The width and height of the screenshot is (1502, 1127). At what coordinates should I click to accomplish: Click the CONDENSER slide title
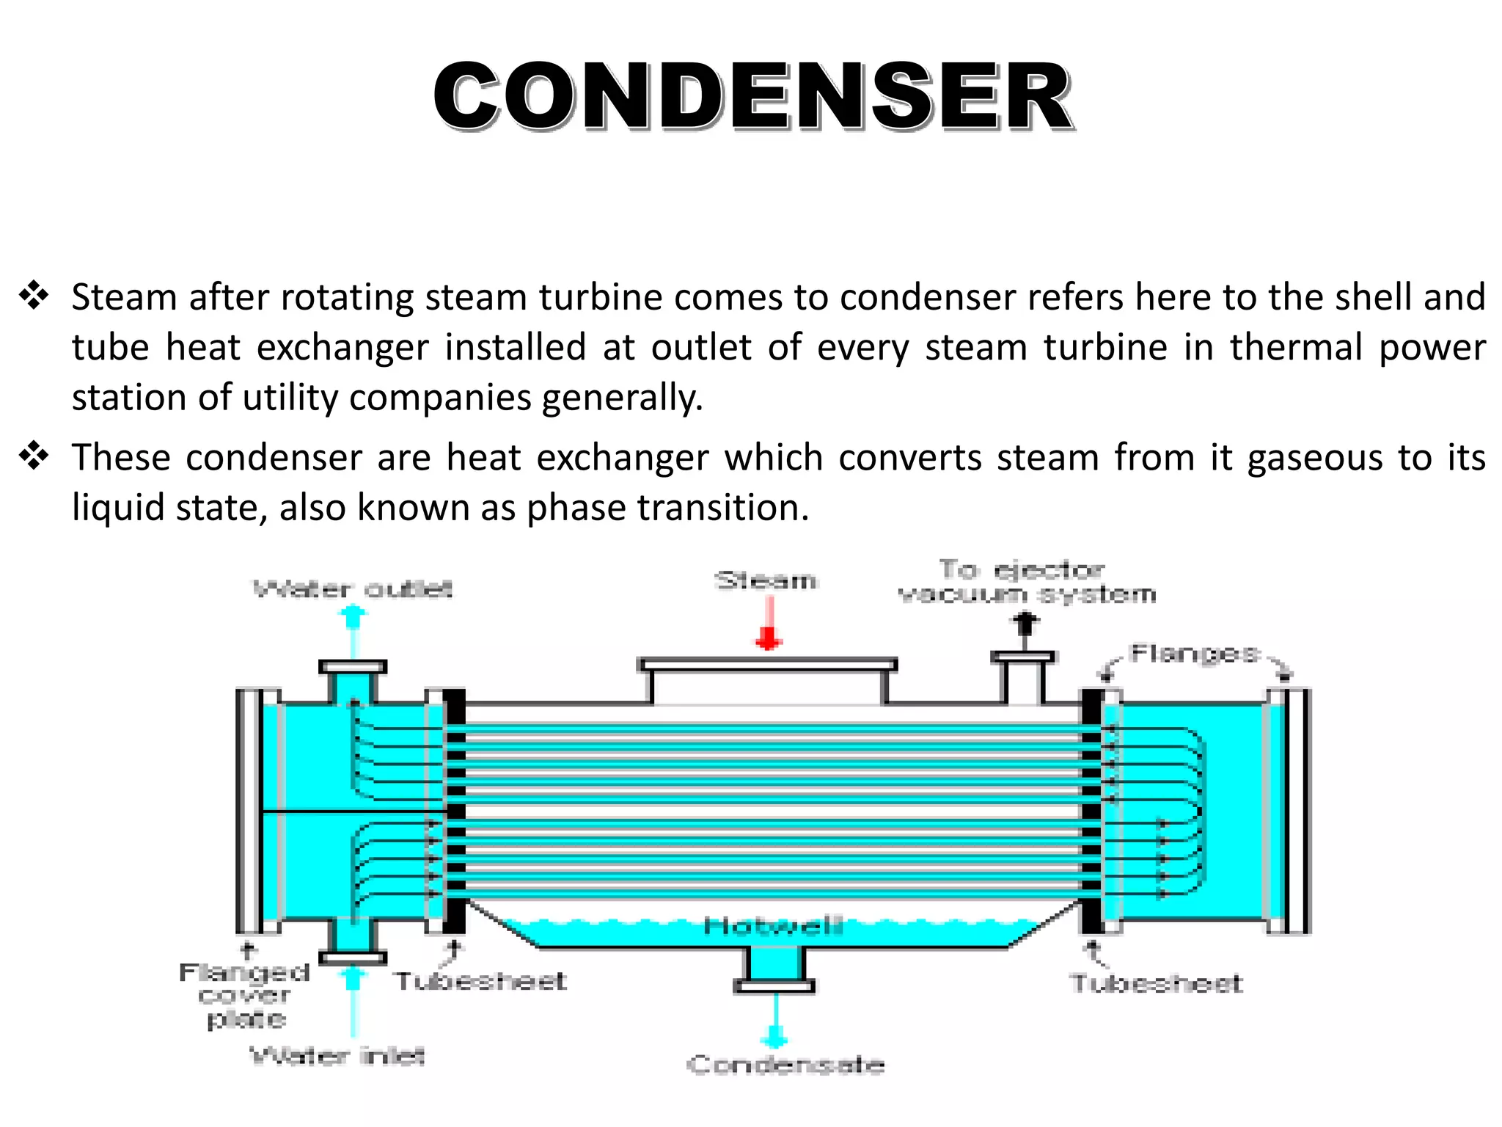(753, 98)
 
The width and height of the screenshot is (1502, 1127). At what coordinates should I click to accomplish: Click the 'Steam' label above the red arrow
(766, 581)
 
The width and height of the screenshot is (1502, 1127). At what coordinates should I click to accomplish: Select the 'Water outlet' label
(353, 589)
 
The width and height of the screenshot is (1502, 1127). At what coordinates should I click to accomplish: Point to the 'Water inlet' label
(337, 1056)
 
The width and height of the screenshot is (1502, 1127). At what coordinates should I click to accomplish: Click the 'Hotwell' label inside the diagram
(773, 927)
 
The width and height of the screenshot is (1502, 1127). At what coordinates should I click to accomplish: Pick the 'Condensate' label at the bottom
(785, 1065)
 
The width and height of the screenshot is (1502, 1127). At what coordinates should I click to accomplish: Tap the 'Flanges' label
(1194, 653)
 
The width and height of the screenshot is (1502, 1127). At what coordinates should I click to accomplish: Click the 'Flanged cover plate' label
(244, 996)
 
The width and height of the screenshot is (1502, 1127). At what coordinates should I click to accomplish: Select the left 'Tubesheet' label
(481, 981)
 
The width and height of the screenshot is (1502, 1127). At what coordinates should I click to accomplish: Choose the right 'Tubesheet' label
(1157, 983)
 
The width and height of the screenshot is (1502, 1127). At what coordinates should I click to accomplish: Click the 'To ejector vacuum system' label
(1027, 581)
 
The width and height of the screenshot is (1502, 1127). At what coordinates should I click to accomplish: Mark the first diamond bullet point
(34, 296)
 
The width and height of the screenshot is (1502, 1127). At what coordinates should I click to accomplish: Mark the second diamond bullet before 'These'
(34, 457)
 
